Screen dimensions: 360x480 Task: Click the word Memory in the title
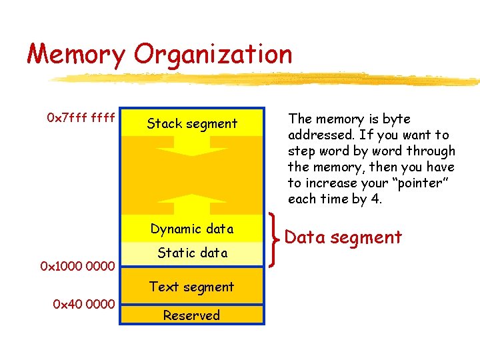pyautogui.click(x=75, y=55)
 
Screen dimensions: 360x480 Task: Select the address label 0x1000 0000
pyautogui.click(x=78, y=267)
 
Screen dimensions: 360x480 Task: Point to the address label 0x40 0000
pyautogui.click(x=83, y=305)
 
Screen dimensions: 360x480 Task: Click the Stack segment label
pyautogui.click(x=192, y=123)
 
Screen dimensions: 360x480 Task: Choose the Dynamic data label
pyautogui.click(x=192, y=229)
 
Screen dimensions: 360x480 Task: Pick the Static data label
pyautogui.click(x=192, y=253)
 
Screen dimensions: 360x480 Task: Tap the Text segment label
pyautogui.click(x=192, y=287)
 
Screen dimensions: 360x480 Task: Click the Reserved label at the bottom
pyautogui.click(x=192, y=315)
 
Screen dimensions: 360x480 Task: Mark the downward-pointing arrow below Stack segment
pyautogui.click(x=192, y=148)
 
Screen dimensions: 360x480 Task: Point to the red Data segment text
pyautogui.click(x=343, y=237)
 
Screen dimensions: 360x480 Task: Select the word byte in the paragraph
pyautogui.click(x=397, y=119)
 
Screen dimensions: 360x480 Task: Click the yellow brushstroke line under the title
pyautogui.click(x=267, y=79)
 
